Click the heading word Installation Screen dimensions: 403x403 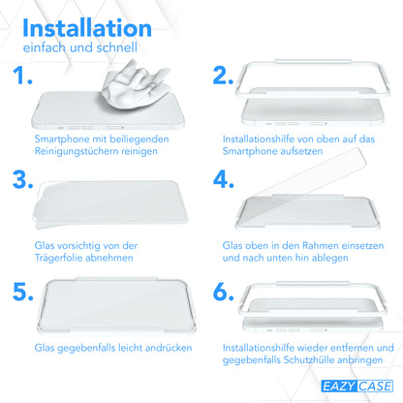click(x=87, y=28)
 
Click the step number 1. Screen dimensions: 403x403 click(x=22, y=76)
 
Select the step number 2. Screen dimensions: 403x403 click(x=223, y=76)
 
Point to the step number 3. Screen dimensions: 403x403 click(x=22, y=179)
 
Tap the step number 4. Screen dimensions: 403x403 click(x=224, y=179)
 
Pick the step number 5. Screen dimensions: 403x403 click(x=22, y=292)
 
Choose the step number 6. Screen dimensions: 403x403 click(x=223, y=292)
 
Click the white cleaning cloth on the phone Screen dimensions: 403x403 click(x=135, y=84)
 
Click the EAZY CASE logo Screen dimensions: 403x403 click(x=356, y=387)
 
